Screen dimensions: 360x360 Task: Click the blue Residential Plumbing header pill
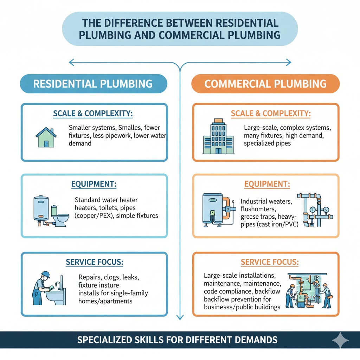93,84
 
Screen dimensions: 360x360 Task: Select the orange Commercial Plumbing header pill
265,84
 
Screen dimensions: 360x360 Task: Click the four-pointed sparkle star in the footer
340,340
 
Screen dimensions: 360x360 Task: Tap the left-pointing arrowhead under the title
71,63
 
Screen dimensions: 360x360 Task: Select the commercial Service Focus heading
270,262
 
